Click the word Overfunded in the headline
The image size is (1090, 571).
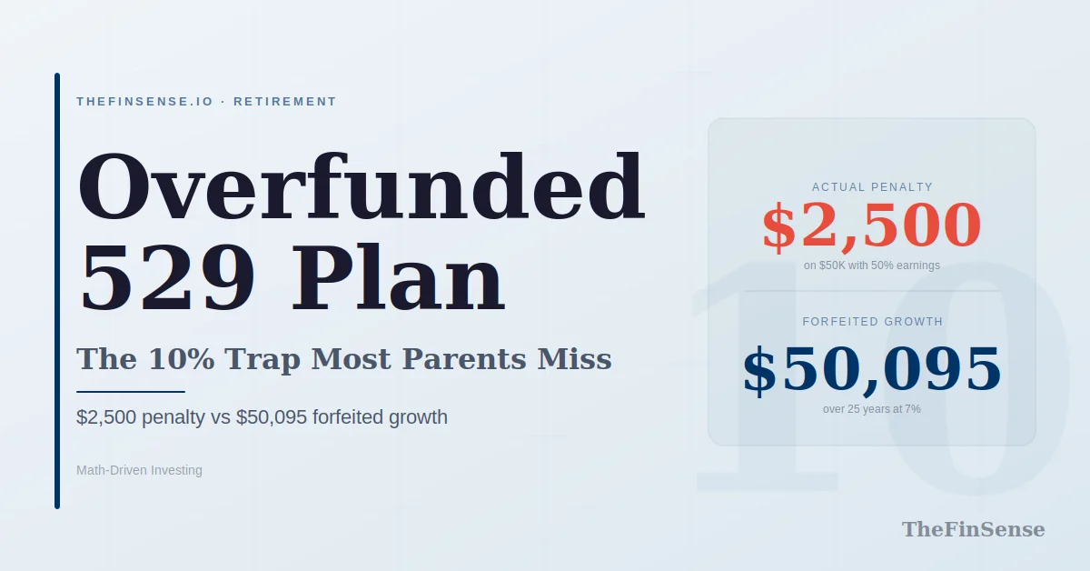pos(362,188)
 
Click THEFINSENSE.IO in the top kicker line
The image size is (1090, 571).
pos(145,102)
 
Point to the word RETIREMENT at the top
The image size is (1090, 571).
pos(285,102)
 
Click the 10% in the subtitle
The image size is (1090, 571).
pos(182,359)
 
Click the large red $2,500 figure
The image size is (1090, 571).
pos(872,226)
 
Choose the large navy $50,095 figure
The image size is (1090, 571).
pos(872,369)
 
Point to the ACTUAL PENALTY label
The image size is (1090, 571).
pos(872,187)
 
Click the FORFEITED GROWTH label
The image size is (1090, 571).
pos(872,322)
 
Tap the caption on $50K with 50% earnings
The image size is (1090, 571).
pos(872,265)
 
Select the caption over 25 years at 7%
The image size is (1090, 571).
pos(872,409)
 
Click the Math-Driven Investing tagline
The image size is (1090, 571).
pos(139,470)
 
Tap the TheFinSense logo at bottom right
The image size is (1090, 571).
pos(973,529)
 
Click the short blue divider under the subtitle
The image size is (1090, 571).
pos(131,392)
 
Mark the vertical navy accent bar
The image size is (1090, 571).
pos(57,291)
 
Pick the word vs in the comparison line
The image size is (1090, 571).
pos(219,417)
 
